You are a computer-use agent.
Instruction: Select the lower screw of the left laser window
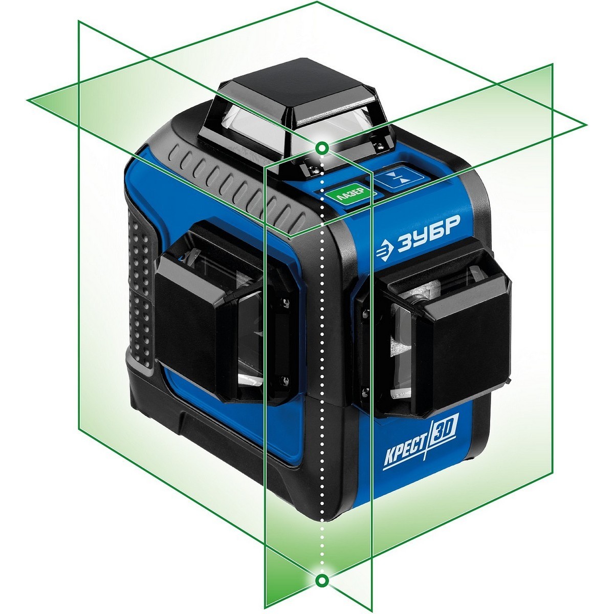click(285, 380)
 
